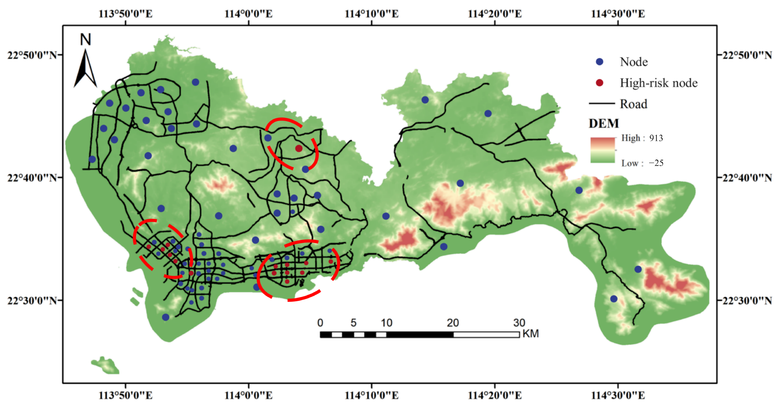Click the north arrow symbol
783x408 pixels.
click(x=85, y=69)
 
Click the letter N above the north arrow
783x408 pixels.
click(x=85, y=40)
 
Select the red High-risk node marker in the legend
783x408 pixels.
click(x=599, y=83)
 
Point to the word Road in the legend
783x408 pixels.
click(x=633, y=104)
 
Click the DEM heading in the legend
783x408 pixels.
click(x=604, y=124)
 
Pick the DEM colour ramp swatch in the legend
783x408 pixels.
click(x=602, y=150)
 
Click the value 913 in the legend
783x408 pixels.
click(x=656, y=138)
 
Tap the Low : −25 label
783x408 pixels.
click(x=642, y=163)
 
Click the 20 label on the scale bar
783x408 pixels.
click(x=453, y=323)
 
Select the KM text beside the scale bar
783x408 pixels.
click(x=530, y=334)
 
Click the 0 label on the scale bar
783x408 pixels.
click(x=320, y=323)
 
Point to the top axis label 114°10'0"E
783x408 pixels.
click(x=371, y=14)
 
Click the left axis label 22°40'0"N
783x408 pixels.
click(x=32, y=177)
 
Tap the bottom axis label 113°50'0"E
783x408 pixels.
click(x=126, y=395)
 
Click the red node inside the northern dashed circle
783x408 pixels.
click(x=299, y=148)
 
